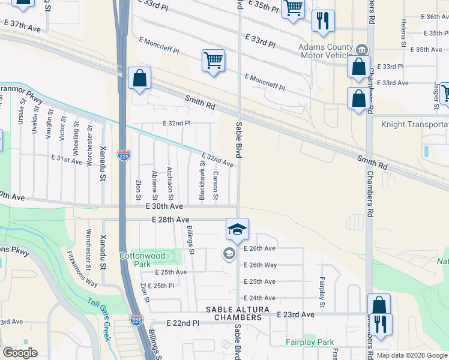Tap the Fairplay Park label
[310, 343]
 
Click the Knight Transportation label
[415, 124]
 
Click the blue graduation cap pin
[237, 229]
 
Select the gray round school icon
[229, 254]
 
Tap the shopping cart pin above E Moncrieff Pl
[213, 61]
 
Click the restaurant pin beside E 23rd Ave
[380, 324]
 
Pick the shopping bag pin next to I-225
[139, 79]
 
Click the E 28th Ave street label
[170, 220]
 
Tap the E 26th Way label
[260, 265]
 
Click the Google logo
[20, 352]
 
